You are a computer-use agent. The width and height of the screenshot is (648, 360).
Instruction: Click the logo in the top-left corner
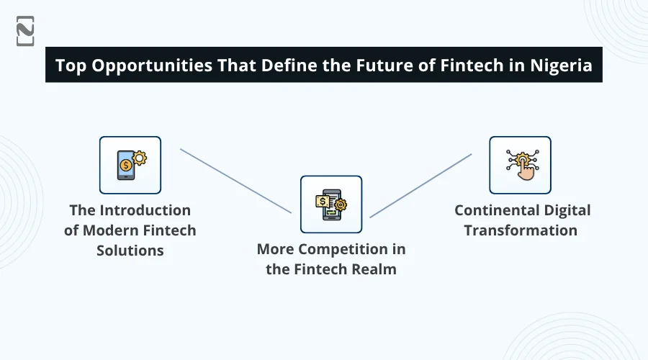tap(25, 30)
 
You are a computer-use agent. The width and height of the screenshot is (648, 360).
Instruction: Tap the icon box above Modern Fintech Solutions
tap(130, 165)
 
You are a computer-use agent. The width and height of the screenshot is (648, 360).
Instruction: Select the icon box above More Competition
tap(331, 204)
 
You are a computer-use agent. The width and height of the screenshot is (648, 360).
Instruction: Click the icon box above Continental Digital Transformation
tap(520, 165)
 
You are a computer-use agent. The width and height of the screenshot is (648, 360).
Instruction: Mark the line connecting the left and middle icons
tap(235, 181)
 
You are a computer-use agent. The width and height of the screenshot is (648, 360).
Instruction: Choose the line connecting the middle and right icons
tap(420, 185)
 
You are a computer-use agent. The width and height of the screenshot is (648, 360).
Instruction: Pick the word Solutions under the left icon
tap(130, 251)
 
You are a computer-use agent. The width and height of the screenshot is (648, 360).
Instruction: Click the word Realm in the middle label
tap(374, 270)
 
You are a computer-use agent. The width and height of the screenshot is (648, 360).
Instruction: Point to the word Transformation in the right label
tap(521, 230)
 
